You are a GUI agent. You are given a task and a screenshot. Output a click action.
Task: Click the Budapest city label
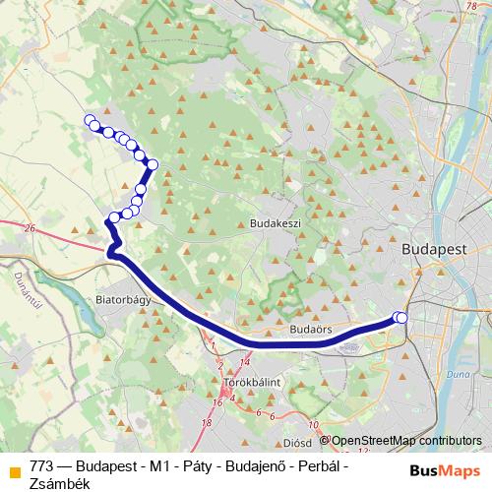435,250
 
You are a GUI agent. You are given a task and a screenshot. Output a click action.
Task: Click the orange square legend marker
13,467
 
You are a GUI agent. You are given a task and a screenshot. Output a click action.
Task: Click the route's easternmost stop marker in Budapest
400,317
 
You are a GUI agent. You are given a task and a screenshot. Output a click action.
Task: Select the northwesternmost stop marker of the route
90,121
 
